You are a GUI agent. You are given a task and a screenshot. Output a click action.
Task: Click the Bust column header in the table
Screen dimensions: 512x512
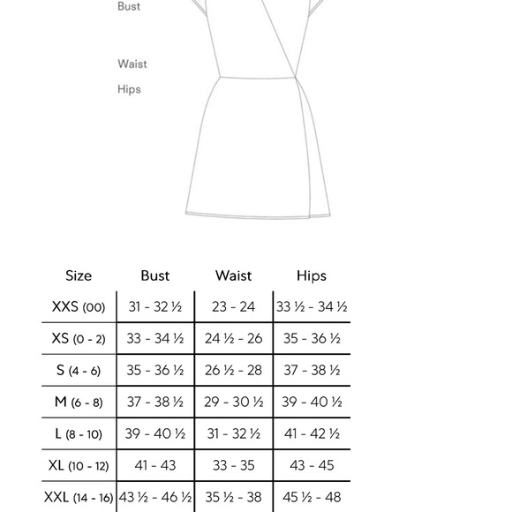pyautogui.click(x=154, y=276)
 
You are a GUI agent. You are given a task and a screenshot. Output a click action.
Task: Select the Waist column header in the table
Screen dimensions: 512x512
pyautogui.click(x=233, y=276)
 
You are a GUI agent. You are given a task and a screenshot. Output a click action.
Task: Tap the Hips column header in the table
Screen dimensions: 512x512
pyautogui.click(x=312, y=276)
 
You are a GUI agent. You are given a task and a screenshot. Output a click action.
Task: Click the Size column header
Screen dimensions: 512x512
pyautogui.click(x=79, y=276)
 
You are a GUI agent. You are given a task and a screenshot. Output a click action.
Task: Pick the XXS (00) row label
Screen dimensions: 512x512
pyautogui.click(x=79, y=307)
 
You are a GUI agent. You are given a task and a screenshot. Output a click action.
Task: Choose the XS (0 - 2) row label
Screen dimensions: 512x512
pyautogui.click(x=79, y=339)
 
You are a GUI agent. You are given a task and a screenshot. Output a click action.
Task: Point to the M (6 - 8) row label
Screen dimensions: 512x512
pyautogui.click(x=79, y=403)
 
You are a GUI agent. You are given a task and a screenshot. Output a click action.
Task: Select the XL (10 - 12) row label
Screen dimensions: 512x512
pyautogui.click(x=79, y=465)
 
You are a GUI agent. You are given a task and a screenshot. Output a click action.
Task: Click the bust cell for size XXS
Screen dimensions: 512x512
pyautogui.click(x=154, y=307)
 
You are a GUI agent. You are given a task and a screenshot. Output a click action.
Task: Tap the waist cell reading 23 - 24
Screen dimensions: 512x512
pyautogui.click(x=233, y=307)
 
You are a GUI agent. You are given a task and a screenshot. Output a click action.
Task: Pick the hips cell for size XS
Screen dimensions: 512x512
pyautogui.click(x=312, y=339)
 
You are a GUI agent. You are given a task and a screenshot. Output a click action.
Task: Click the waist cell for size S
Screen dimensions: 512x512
pyautogui.click(x=233, y=371)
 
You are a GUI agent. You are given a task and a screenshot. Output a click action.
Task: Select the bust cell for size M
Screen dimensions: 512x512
pyautogui.click(x=154, y=403)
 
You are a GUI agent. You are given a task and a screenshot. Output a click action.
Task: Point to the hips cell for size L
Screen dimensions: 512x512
pyautogui.click(x=312, y=434)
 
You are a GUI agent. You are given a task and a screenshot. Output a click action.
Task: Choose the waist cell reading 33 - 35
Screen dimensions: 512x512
pyautogui.click(x=233, y=465)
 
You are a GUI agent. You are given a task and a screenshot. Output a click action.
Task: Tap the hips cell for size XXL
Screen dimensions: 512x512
pyautogui.click(x=312, y=497)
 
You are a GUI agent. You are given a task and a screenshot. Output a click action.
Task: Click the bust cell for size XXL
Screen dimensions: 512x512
pyautogui.click(x=154, y=497)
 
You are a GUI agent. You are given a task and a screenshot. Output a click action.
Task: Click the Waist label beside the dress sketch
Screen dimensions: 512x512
pyautogui.click(x=132, y=64)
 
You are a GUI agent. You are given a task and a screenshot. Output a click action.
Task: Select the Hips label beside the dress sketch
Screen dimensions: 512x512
pyautogui.click(x=129, y=89)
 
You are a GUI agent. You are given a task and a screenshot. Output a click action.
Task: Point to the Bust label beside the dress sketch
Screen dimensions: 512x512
pyautogui.click(x=129, y=7)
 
